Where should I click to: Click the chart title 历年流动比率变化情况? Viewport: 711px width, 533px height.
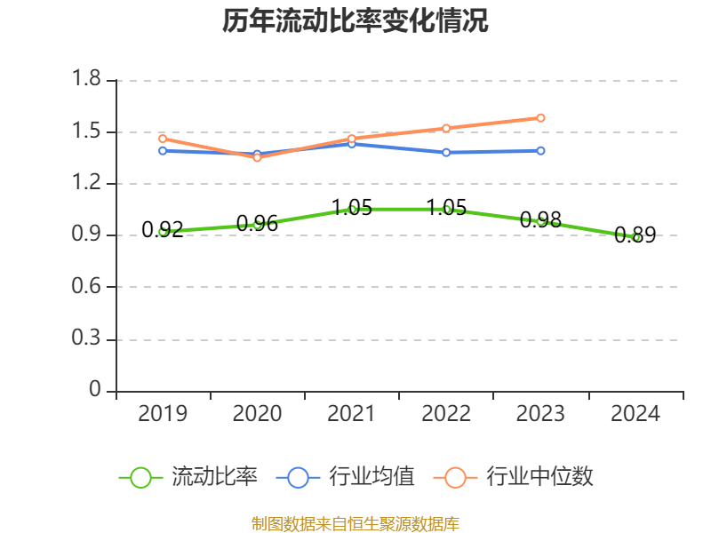point(355,21)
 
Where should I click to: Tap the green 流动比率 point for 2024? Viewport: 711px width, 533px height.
point(635,237)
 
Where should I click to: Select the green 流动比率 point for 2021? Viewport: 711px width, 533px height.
point(352,209)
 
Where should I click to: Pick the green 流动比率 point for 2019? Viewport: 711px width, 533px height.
point(163,232)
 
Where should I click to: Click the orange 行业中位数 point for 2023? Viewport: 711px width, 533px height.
point(540,118)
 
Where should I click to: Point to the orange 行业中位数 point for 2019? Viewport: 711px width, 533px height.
point(163,139)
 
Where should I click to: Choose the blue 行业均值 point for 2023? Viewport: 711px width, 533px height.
point(540,151)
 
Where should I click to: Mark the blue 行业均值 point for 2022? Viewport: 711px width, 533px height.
point(446,152)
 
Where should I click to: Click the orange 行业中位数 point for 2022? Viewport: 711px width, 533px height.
point(446,128)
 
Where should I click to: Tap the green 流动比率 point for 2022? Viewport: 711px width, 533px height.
point(446,209)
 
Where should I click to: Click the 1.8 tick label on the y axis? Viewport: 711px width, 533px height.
point(88,80)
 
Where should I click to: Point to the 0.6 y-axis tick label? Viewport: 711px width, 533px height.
point(88,287)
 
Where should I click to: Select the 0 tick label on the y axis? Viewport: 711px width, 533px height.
point(96,391)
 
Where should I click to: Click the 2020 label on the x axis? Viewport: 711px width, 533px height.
point(257,414)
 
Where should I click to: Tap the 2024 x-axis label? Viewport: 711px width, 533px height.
point(635,414)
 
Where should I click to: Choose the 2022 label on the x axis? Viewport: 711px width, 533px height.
point(446,414)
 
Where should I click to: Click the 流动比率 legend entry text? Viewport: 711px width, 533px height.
point(214,477)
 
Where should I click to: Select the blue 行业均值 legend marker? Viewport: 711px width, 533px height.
point(298,477)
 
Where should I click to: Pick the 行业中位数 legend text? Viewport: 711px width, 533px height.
point(539,477)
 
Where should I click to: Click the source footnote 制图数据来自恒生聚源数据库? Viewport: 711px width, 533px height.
point(355,523)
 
